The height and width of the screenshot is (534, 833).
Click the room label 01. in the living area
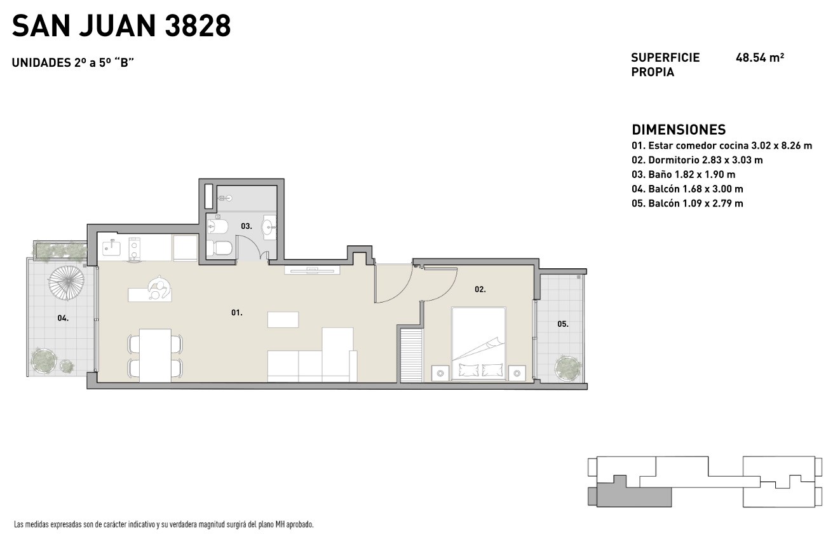236,313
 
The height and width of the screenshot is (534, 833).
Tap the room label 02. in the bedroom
480,289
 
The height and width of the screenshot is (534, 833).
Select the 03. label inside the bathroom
246,226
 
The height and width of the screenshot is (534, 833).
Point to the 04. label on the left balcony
63,318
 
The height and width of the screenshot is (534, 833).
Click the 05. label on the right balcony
563,324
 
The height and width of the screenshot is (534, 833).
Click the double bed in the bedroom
478,343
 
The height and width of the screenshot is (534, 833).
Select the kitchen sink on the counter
112,247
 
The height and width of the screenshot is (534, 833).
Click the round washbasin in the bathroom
269,226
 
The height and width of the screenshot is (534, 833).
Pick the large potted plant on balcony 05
568,367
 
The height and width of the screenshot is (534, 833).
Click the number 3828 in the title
198,26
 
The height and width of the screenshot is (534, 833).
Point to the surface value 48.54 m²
760,58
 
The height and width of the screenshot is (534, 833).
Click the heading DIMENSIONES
679,130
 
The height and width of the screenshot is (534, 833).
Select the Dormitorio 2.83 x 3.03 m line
697,160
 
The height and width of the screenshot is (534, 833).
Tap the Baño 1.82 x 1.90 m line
684,175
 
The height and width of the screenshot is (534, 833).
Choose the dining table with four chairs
156,355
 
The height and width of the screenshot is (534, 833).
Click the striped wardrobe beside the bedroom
411,355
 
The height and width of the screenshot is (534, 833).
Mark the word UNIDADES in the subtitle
41,63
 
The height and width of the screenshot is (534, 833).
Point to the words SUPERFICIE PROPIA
665,65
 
